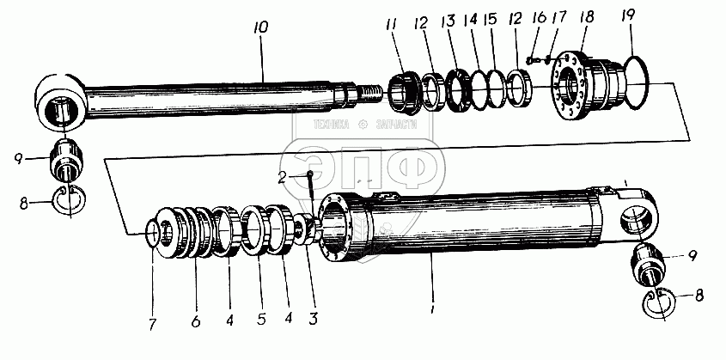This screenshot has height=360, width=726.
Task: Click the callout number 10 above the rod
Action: pos(261,27)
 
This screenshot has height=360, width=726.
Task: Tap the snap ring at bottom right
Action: pos(657,302)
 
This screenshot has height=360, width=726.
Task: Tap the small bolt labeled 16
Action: pos(530,61)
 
